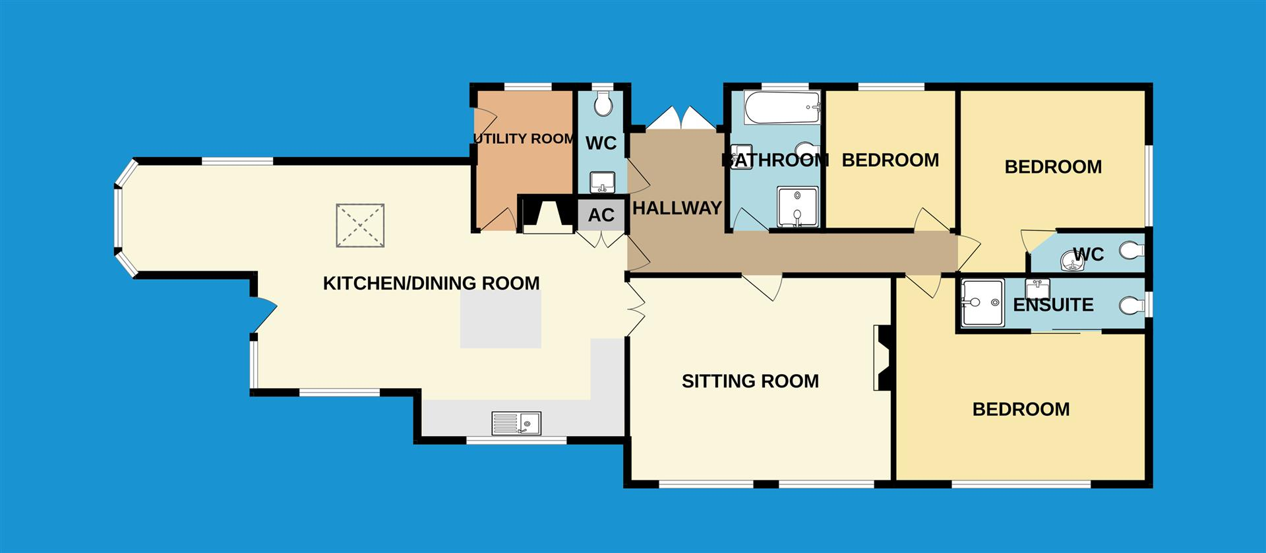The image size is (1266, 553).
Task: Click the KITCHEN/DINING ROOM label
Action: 431,283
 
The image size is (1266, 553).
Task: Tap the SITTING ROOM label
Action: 750,381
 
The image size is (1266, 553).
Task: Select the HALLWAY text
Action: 677,208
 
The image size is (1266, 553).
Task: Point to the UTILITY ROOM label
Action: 524,139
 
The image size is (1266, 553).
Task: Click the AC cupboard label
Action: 601,214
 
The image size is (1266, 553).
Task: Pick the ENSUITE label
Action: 1053,305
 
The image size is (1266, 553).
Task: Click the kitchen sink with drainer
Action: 516,423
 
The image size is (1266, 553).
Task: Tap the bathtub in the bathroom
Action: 783,108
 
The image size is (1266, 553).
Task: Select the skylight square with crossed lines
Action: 360,226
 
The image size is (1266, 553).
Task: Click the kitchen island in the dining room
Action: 500,319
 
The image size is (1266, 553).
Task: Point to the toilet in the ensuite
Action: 1132,306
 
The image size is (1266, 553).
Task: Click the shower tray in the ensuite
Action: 982,303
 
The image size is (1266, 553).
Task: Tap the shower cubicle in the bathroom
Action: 797,207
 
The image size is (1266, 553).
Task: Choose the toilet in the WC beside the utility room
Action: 603,104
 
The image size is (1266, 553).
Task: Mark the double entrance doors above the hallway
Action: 681,119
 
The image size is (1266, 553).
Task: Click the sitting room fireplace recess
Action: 882,358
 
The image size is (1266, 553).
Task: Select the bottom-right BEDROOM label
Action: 1021,409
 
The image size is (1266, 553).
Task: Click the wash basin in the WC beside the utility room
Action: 602,181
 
